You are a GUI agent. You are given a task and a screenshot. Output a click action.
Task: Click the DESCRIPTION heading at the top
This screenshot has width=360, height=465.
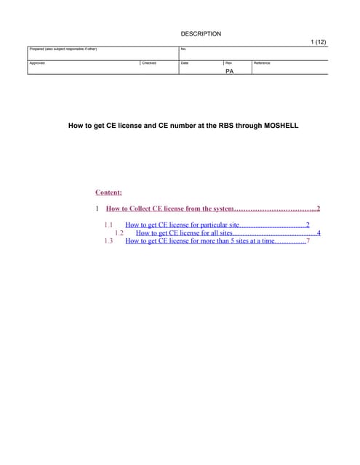[x=201, y=34]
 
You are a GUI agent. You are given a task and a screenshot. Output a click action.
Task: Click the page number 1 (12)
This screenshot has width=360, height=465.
[x=318, y=42]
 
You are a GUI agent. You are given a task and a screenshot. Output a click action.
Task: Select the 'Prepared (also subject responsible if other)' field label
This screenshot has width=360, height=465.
[x=63, y=49]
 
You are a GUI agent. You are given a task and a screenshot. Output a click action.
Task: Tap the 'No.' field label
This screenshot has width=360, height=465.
[x=183, y=49]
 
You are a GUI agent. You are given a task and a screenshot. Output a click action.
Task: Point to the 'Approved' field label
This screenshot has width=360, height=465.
[x=37, y=63]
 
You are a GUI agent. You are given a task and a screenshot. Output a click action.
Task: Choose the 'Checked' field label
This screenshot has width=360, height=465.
[x=149, y=63]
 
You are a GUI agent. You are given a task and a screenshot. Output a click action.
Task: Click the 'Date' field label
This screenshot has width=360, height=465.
[x=185, y=63]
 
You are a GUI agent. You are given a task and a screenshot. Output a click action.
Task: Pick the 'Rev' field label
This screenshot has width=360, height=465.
[x=228, y=63]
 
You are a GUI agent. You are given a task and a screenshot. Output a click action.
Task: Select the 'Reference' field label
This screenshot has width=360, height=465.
[x=262, y=63]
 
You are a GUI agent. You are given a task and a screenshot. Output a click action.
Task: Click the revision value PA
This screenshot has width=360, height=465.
[x=230, y=71]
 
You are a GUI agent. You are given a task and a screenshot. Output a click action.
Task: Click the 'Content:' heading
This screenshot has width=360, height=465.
[x=108, y=193]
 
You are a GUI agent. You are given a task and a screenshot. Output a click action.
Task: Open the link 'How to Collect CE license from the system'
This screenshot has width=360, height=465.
[x=169, y=209]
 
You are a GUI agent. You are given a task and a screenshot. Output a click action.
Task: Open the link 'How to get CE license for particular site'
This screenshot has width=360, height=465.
[x=183, y=225]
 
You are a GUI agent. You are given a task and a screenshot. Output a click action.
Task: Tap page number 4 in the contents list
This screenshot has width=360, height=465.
[x=319, y=233]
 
